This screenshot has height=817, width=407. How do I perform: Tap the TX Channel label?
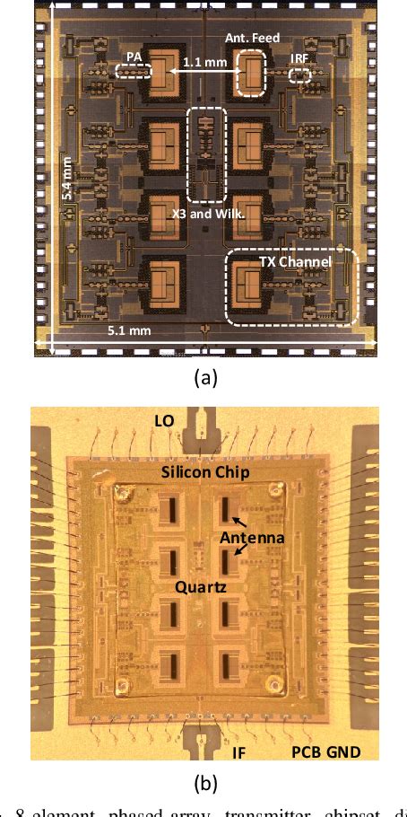click(x=295, y=261)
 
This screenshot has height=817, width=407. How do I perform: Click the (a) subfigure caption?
click(x=206, y=378)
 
